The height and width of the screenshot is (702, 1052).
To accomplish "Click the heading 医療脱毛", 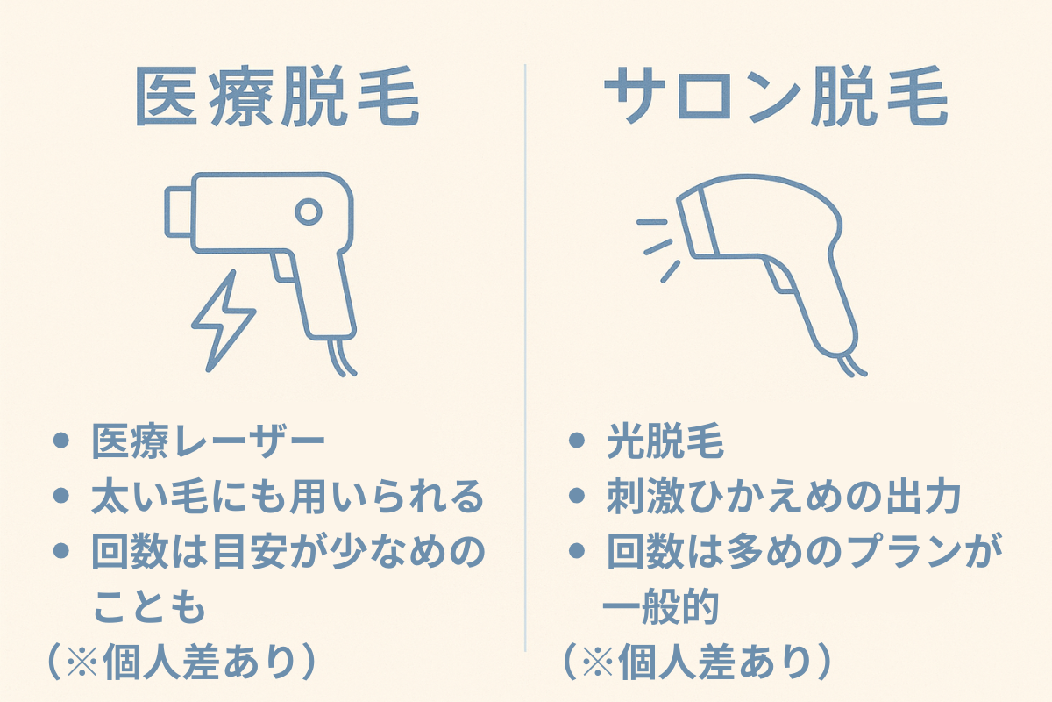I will click(278, 98).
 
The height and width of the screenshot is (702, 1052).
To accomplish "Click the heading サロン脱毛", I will click(776, 98).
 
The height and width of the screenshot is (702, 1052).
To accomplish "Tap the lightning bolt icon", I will click(222, 319).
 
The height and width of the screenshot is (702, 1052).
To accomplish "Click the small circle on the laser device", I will click(308, 211).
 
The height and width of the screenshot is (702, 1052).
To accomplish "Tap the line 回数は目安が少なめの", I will click(288, 553).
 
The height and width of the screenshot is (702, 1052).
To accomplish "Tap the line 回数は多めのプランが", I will click(805, 553).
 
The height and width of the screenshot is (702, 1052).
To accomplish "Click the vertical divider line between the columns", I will click(525, 351).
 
